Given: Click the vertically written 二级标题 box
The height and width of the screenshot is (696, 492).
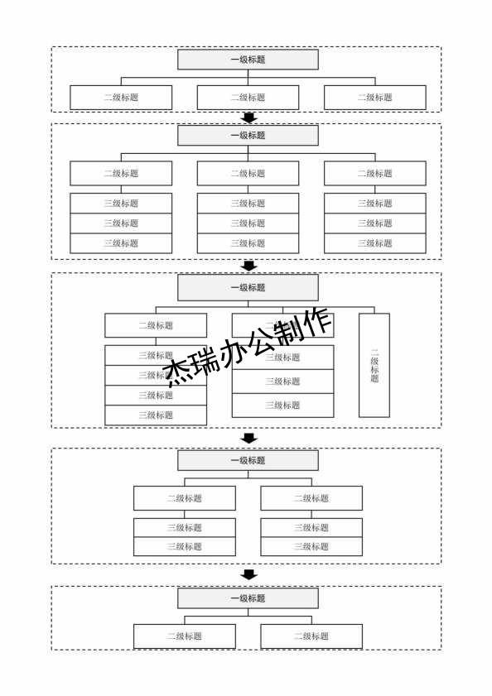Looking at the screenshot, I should (x=374, y=365).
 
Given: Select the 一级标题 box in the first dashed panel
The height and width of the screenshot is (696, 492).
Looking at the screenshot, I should (x=248, y=60).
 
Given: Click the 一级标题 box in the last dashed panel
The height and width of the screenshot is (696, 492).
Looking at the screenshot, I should (x=248, y=598).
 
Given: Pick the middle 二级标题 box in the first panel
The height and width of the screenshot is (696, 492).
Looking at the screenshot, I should (x=248, y=98).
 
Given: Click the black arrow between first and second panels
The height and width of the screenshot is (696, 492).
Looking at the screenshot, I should (x=248, y=118).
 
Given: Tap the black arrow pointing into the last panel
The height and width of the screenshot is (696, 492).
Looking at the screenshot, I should (x=248, y=574).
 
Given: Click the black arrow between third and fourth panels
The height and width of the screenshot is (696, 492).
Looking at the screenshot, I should (x=248, y=438).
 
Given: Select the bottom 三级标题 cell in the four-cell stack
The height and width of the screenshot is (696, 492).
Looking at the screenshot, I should (x=156, y=415).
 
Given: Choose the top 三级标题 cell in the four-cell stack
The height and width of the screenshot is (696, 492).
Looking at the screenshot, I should (x=156, y=355).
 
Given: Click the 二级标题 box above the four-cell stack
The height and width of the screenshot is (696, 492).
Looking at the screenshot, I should (x=156, y=325).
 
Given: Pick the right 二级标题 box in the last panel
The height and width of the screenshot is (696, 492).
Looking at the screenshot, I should (x=311, y=636).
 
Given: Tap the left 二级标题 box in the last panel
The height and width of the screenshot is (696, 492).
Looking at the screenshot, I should (x=185, y=636).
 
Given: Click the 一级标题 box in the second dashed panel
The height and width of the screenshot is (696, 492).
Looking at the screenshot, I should (x=248, y=136).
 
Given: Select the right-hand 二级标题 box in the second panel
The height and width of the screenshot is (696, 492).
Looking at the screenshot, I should (x=374, y=174).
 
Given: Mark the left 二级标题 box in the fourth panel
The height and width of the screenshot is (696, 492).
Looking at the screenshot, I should (x=185, y=498).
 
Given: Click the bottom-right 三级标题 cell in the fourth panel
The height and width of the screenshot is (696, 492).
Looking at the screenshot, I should (x=311, y=546).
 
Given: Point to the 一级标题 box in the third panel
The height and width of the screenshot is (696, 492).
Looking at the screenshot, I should (x=248, y=288).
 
